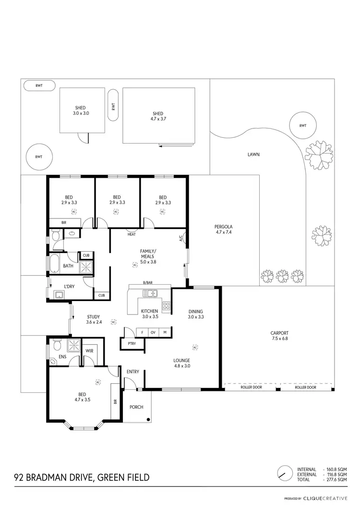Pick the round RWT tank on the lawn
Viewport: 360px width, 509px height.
[302, 125]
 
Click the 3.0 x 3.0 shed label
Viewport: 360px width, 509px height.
[81, 110]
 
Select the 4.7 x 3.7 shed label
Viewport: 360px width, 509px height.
[159, 116]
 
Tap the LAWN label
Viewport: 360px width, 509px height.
[253, 155]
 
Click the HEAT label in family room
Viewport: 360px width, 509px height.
[132, 234]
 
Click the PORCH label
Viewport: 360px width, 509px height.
[136, 407]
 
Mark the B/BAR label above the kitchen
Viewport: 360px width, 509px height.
[148, 282]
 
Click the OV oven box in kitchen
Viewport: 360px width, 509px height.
[153, 332]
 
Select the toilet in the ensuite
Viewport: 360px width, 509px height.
[56, 346]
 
